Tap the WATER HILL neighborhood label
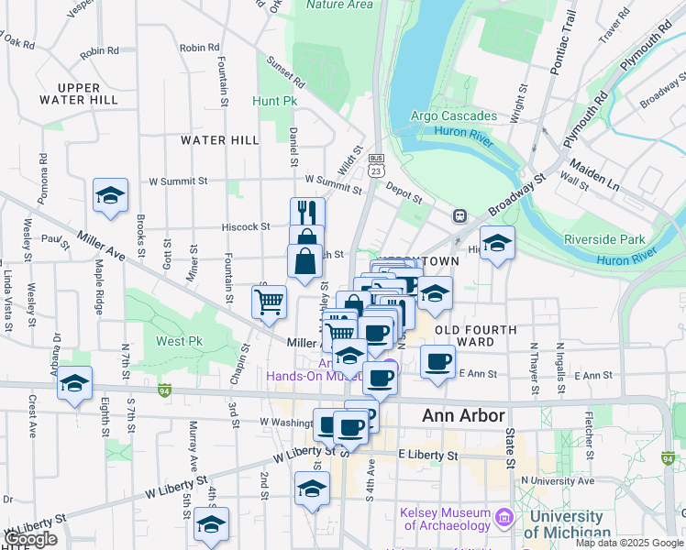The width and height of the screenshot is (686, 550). point(220,140)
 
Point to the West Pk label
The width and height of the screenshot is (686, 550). point(179,341)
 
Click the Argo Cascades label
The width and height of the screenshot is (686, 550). point(454,116)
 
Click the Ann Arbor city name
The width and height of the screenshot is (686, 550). point(463,416)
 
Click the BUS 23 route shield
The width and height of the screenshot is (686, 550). point(376,169)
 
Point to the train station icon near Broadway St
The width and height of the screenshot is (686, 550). point(459,216)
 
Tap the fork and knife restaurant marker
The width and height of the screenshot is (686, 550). point(307,213)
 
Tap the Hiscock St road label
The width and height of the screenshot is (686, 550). point(246,226)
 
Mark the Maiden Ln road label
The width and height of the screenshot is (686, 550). point(594,176)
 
